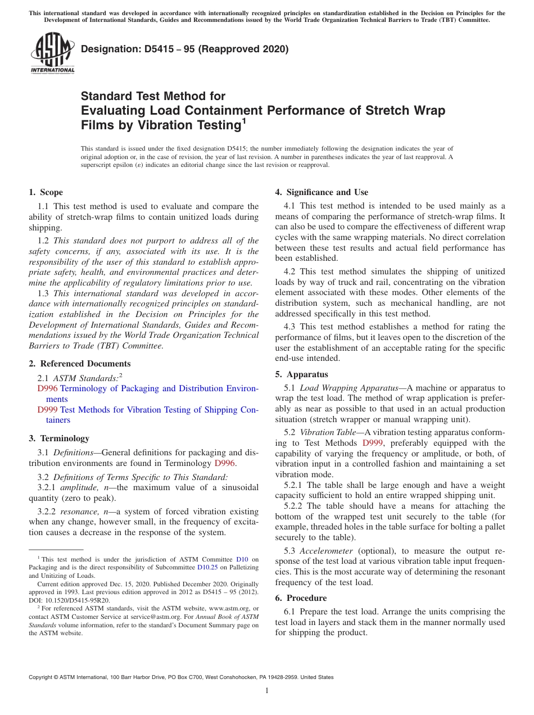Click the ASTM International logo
point(52,53)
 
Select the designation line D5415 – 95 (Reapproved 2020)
point(184,49)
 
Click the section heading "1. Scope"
point(46,192)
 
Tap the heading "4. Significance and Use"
point(322,192)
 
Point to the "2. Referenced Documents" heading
point(80,364)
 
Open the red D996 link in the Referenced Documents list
point(48,388)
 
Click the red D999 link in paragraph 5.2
point(373,443)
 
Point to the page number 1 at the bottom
point(267,691)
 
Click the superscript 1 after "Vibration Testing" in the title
point(244,119)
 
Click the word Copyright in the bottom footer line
point(42,677)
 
